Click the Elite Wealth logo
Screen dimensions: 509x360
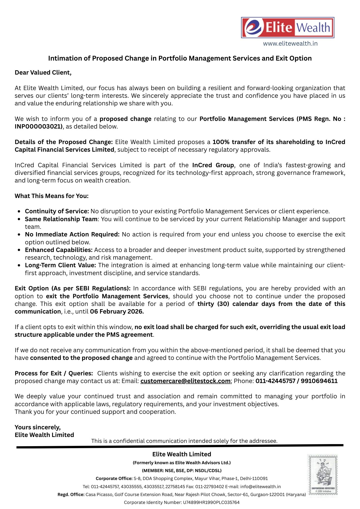[x=287, y=28]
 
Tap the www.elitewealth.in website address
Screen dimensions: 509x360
[x=290, y=44]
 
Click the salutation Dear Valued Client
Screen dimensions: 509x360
[x=43, y=73]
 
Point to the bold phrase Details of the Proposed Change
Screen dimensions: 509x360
[x=64, y=142]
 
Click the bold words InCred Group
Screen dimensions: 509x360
[x=213, y=165]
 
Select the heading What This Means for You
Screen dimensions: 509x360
[x=52, y=196]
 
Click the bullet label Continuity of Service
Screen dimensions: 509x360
[x=57, y=211]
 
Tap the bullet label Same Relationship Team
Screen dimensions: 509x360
[x=61, y=219]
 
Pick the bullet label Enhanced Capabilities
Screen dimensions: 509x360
[x=59, y=250]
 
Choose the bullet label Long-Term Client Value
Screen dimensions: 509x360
[x=60, y=265]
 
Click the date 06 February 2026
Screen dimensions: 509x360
[x=117, y=312]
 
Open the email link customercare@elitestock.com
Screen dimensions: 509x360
[x=185, y=381]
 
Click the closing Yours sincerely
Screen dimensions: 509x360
[x=38, y=427]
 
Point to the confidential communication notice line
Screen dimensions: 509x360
[x=184, y=441]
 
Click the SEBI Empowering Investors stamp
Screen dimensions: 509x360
[x=323, y=475]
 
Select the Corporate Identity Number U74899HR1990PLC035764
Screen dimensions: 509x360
[x=211, y=502]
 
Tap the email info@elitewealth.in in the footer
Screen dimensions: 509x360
[x=260, y=487]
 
